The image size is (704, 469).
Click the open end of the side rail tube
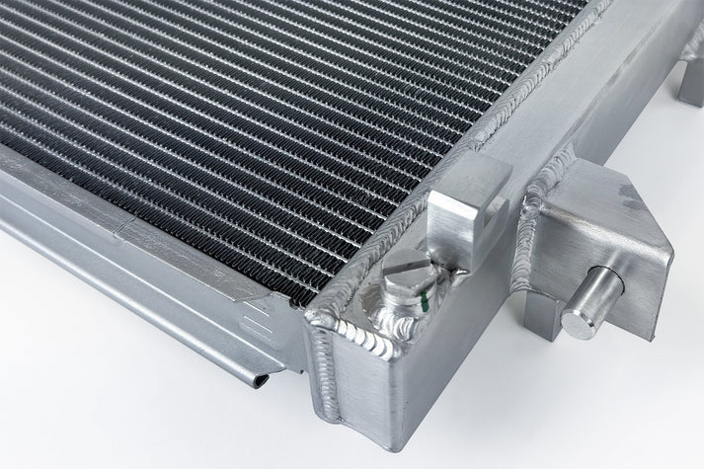(x=259, y=376)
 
